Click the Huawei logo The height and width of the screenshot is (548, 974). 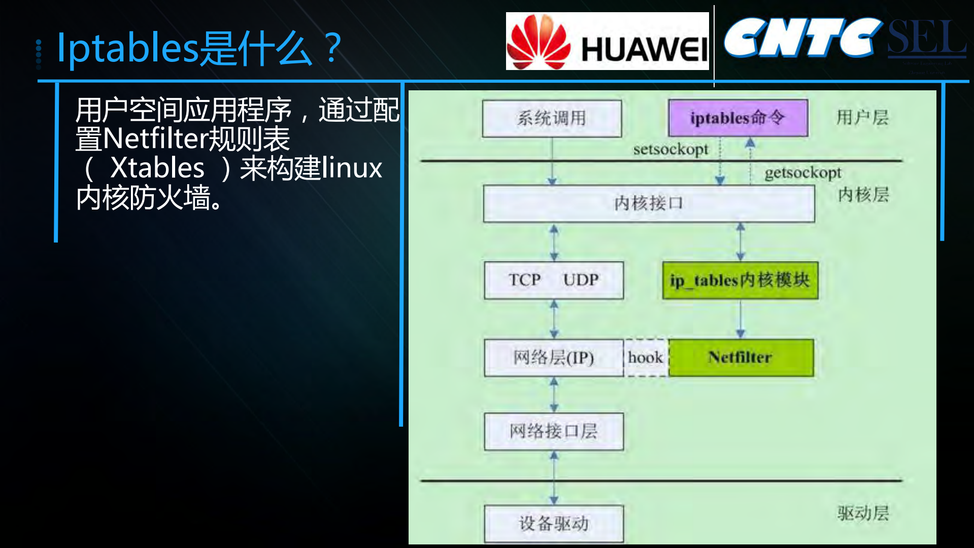(x=607, y=42)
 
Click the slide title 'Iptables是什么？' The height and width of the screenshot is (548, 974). (x=199, y=48)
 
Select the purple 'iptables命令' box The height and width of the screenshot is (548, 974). (x=738, y=118)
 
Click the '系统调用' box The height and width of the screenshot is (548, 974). (x=552, y=118)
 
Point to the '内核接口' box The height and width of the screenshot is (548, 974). (x=649, y=203)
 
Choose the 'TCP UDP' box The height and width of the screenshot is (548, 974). (x=554, y=280)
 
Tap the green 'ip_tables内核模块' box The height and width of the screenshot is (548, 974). (x=740, y=280)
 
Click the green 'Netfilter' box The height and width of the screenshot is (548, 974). (x=741, y=357)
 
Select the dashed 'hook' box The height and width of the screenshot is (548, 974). (x=646, y=357)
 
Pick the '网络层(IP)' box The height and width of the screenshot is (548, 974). (x=553, y=357)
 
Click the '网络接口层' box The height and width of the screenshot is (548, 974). (x=554, y=431)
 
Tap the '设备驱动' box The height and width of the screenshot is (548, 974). (x=554, y=523)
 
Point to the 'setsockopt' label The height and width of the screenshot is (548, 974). (x=670, y=149)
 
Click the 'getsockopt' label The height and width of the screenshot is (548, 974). (x=802, y=173)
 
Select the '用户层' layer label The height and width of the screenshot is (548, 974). (x=862, y=118)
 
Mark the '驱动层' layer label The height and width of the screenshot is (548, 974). (x=863, y=513)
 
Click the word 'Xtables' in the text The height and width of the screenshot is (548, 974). (x=157, y=168)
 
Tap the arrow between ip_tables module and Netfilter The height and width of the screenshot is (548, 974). (x=741, y=319)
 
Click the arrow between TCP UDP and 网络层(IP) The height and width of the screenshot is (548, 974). (x=554, y=319)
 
